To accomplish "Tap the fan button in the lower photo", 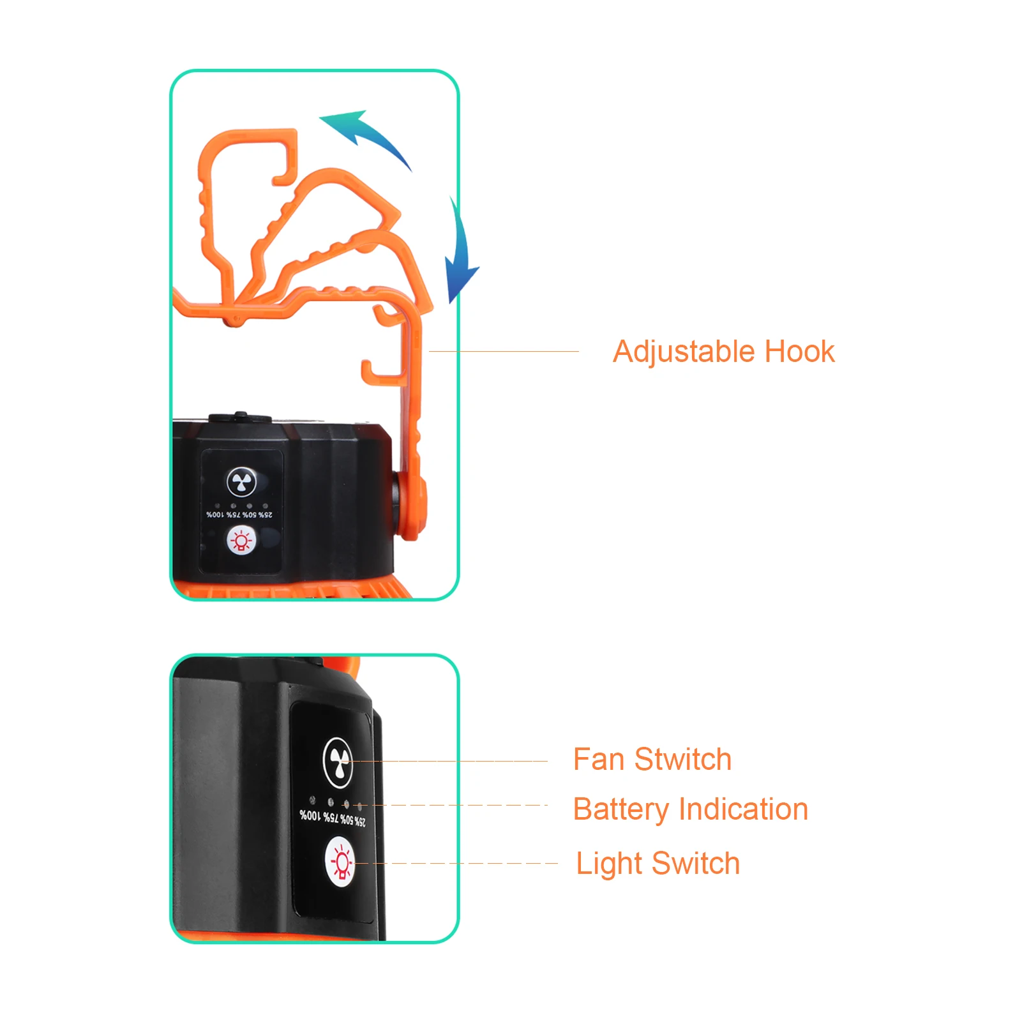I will click(338, 762).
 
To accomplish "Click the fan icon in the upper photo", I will click(241, 482).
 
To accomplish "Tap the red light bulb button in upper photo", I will click(241, 541).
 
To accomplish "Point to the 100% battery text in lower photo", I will click(310, 815).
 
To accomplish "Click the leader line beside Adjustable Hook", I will click(504, 351).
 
